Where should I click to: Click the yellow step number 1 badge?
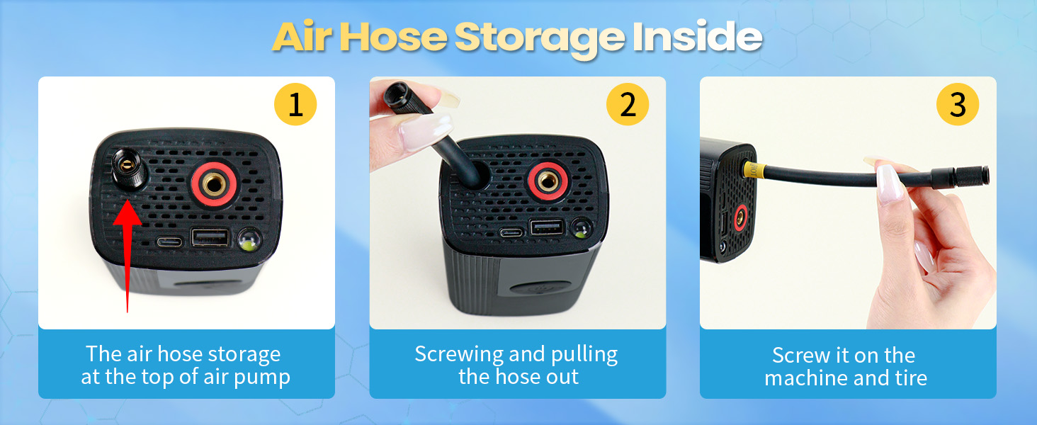[295, 106]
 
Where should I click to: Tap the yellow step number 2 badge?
[627, 106]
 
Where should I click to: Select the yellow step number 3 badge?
[958, 106]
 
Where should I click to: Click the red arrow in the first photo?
[127, 255]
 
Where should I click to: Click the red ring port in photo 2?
[546, 181]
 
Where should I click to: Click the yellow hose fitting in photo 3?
[753, 171]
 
